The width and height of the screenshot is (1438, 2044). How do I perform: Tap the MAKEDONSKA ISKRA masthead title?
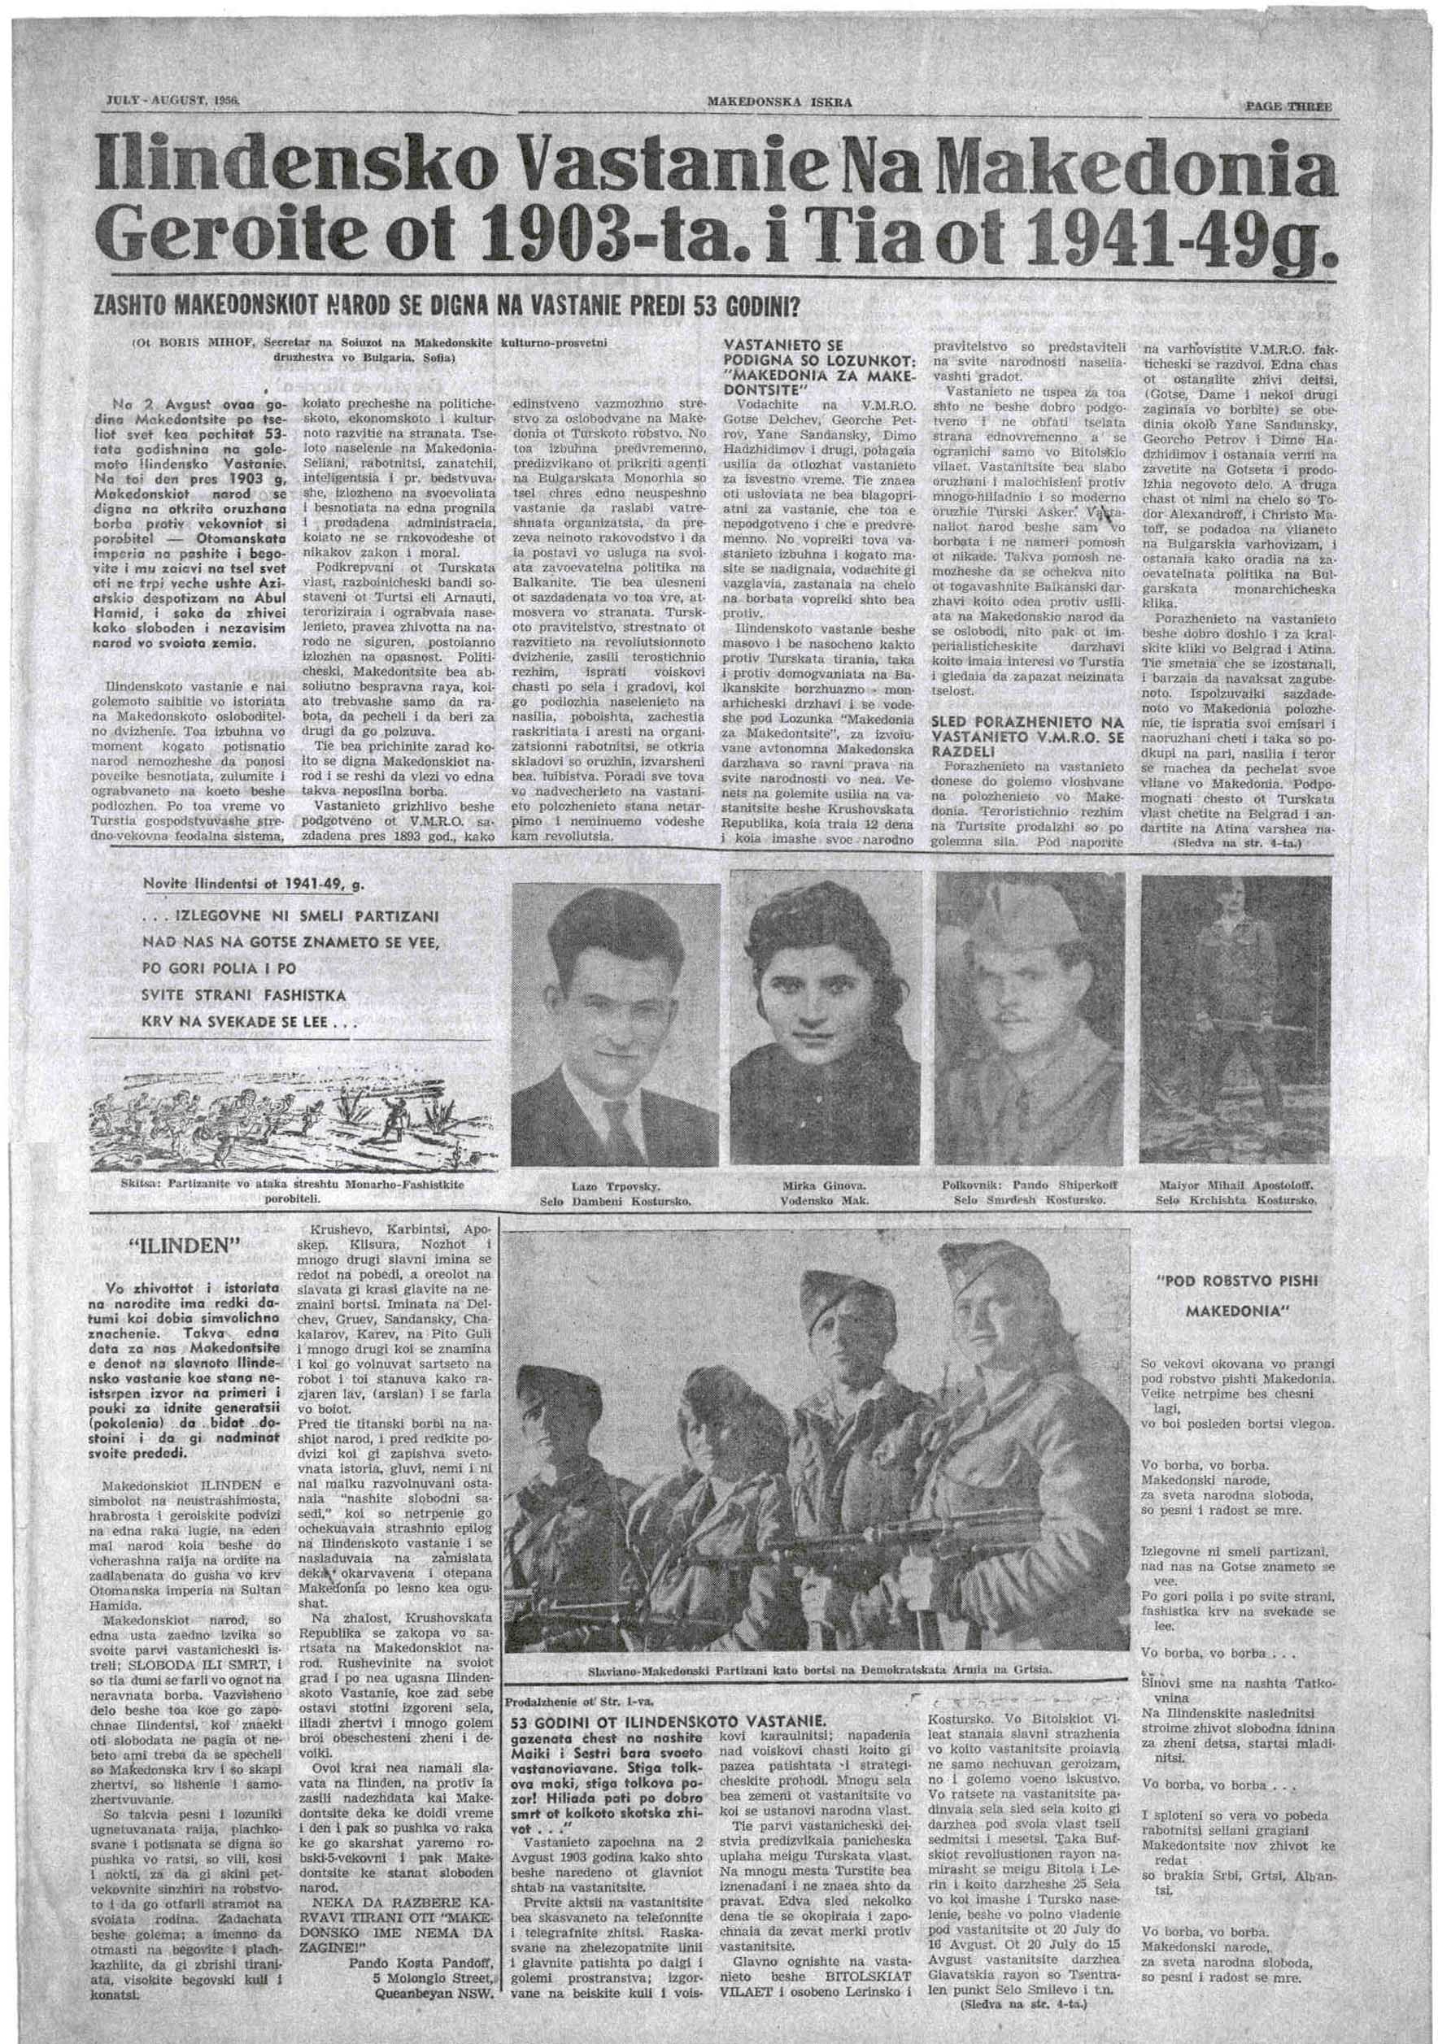tap(779, 102)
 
